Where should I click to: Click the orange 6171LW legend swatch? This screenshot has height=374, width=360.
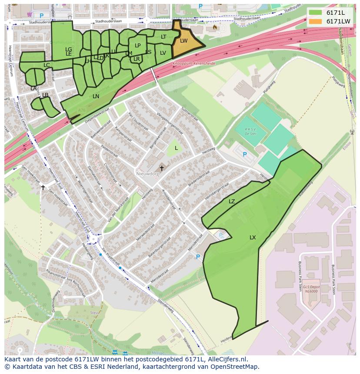316,21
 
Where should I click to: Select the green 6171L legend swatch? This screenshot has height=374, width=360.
316,13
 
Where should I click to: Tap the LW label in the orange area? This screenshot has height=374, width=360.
183,41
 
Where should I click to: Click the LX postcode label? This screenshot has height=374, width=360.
253,238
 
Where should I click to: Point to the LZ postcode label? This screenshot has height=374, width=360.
232,202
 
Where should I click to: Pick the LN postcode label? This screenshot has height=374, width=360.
96,96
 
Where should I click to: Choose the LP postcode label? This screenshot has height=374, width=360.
137,46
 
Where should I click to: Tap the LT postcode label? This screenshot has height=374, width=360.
163,37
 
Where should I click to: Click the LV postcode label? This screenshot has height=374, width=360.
163,53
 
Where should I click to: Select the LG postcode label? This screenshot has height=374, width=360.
69,50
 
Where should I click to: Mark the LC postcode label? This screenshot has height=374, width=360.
47,65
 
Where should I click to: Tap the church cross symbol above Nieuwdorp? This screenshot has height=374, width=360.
162,168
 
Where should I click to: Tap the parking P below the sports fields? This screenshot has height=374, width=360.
244,155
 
